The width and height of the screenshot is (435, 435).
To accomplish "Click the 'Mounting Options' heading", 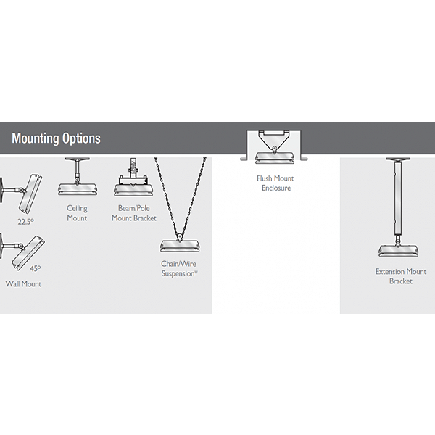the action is tap(56, 138).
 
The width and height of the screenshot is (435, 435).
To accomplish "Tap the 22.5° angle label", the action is tap(26, 222).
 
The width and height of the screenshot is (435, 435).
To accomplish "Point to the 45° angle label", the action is tap(36, 268).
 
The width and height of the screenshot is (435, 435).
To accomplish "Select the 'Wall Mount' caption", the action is tap(23, 283).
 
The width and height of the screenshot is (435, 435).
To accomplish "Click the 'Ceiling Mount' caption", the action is tap(77, 213).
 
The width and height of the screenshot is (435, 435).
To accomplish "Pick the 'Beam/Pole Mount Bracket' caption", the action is tap(134, 213).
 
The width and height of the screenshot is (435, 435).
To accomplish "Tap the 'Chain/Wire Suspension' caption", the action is tap(180, 268).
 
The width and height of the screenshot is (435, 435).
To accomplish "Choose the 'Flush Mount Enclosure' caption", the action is tap(275, 183).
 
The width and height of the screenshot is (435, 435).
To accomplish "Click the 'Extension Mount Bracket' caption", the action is tap(401, 276).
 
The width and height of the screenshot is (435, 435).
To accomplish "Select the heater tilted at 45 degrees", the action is tap(28, 254).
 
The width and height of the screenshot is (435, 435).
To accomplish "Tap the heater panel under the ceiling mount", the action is tap(78, 190).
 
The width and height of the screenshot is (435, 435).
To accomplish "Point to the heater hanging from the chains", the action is tap(180, 246).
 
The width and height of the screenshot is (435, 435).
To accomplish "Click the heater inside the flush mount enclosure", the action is tap(275, 157).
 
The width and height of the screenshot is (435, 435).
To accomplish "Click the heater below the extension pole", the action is tap(399, 251).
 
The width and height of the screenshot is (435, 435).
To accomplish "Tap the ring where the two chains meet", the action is tap(180, 237).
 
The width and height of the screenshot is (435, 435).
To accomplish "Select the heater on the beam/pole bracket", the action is tap(134, 190).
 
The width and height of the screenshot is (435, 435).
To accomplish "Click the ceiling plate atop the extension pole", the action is tap(398, 159).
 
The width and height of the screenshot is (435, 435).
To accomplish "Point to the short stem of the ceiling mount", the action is tap(77, 170).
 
